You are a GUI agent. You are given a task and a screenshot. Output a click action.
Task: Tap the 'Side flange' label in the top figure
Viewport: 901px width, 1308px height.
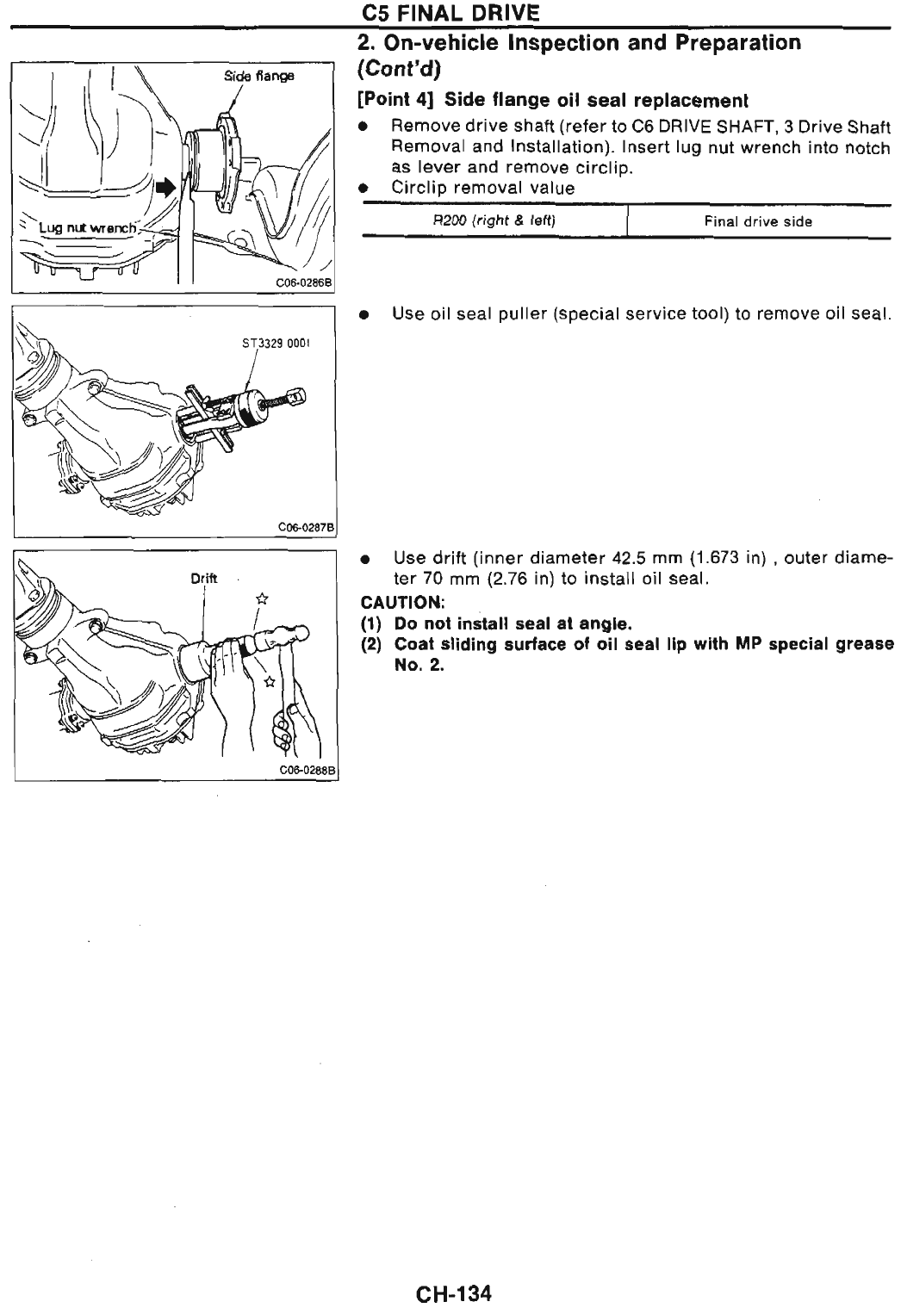259,76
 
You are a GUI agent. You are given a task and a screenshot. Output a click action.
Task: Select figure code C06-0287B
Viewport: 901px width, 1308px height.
307,526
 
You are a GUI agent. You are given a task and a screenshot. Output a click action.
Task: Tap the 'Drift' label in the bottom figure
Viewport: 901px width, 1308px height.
202,579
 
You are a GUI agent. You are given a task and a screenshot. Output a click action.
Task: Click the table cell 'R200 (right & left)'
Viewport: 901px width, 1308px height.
494,221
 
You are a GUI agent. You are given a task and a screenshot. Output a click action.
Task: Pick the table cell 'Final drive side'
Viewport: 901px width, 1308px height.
758,221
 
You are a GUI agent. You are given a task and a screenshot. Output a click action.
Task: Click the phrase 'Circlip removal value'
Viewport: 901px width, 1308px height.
482,187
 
